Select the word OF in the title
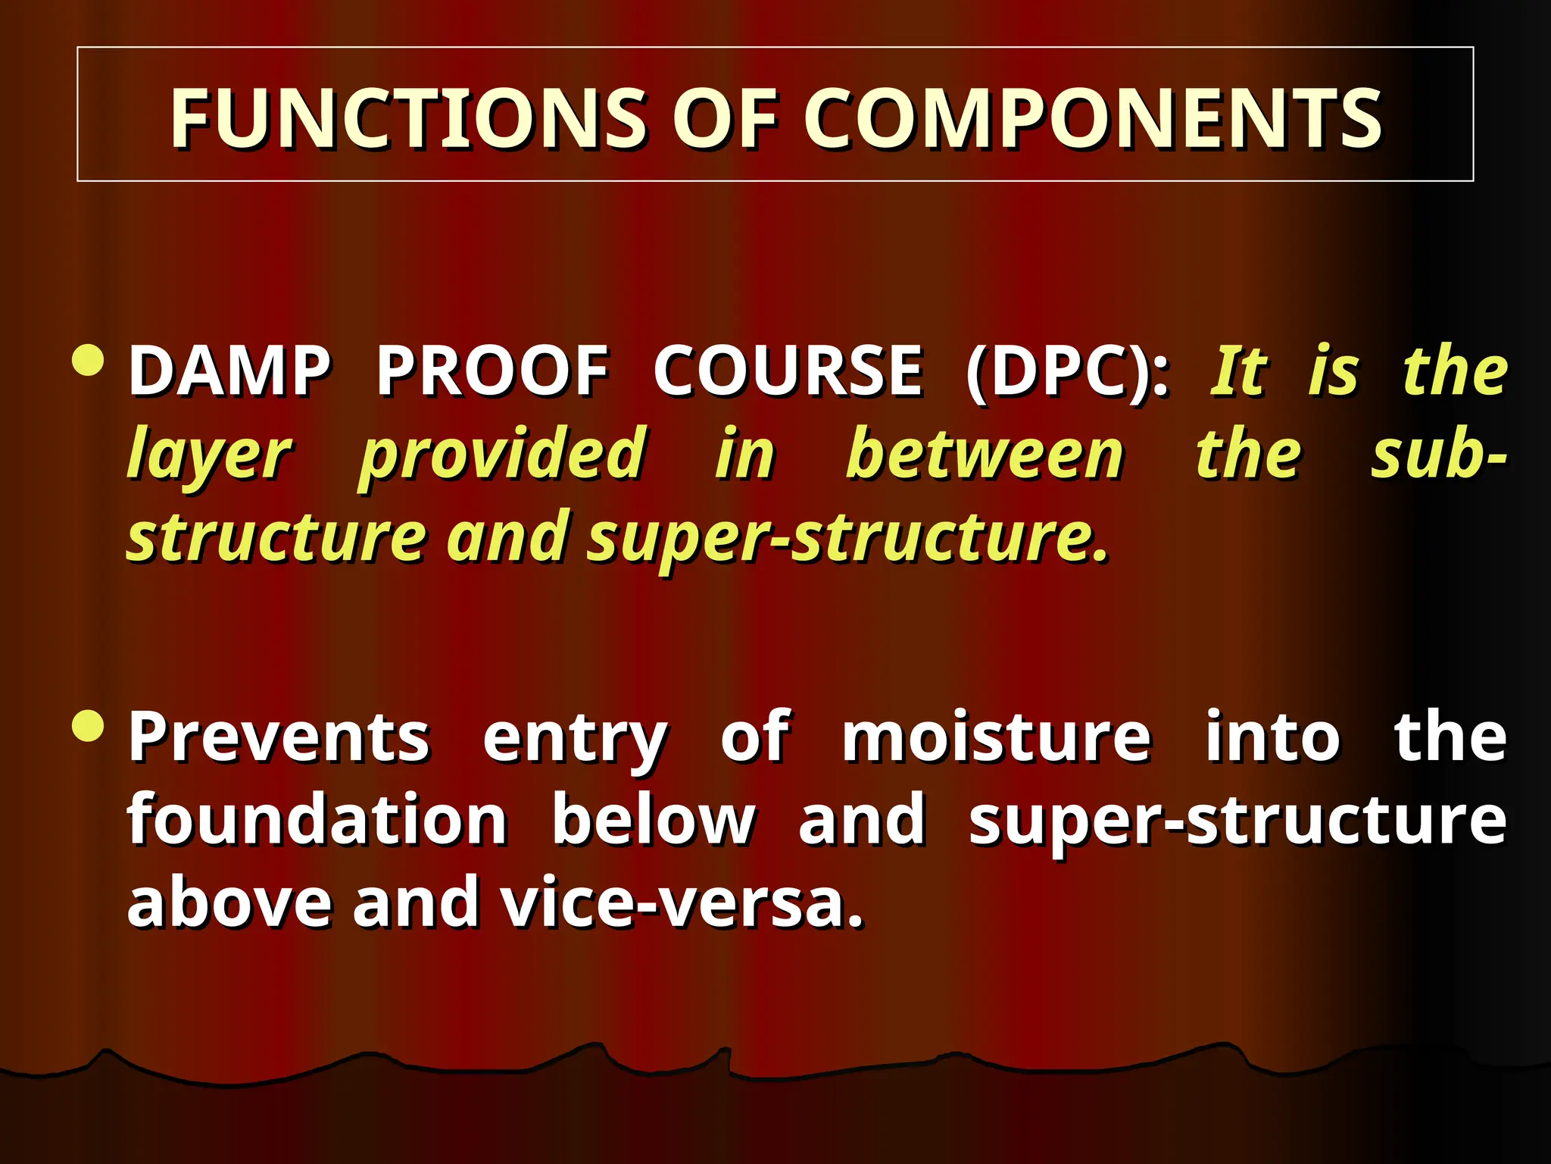point(724,118)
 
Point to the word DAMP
point(229,371)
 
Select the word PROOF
point(492,371)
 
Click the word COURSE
point(788,371)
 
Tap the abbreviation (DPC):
point(1067,371)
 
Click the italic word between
point(985,455)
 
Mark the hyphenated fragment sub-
point(1438,455)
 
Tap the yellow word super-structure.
point(848,538)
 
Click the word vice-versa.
point(682,903)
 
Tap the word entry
point(575,740)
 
